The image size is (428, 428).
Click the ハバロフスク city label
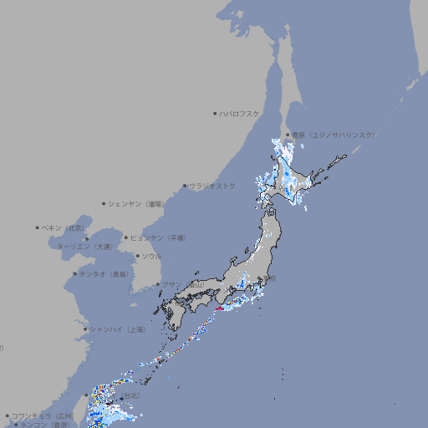point(241,113)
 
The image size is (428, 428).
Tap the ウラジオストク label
point(212,186)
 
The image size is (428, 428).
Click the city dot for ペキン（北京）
point(37,227)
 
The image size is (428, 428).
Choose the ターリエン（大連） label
point(84,247)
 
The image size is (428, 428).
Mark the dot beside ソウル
point(137,256)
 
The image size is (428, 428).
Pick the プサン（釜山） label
point(183,284)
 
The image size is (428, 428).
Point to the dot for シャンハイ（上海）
point(84,329)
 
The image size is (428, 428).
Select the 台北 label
point(130,395)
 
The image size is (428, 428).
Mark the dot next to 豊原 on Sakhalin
point(287,135)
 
